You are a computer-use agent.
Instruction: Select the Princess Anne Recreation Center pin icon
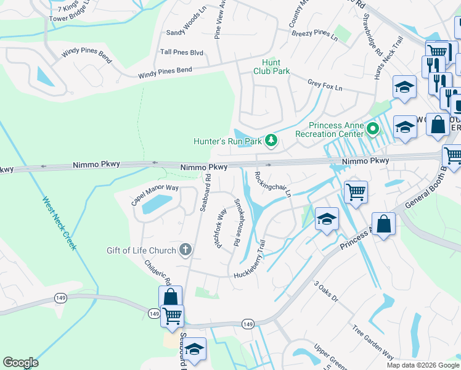[x=372, y=129]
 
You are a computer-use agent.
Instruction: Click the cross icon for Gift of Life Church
[x=185, y=250]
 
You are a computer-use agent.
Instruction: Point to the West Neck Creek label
[x=59, y=223]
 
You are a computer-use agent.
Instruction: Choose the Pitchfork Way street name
[x=219, y=228]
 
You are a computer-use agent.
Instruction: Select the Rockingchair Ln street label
[x=272, y=184]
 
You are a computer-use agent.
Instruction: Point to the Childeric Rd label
[x=158, y=271]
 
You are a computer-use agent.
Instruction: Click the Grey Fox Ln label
[x=324, y=85]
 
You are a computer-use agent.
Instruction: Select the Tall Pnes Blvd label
[x=181, y=53]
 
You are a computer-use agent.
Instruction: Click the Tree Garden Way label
[x=373, y=343]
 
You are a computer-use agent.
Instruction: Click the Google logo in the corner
[x=20, y=363]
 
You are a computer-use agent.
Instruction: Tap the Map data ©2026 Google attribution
[x=423, y=365]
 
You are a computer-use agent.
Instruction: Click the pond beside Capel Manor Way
[x=156, y=204]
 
